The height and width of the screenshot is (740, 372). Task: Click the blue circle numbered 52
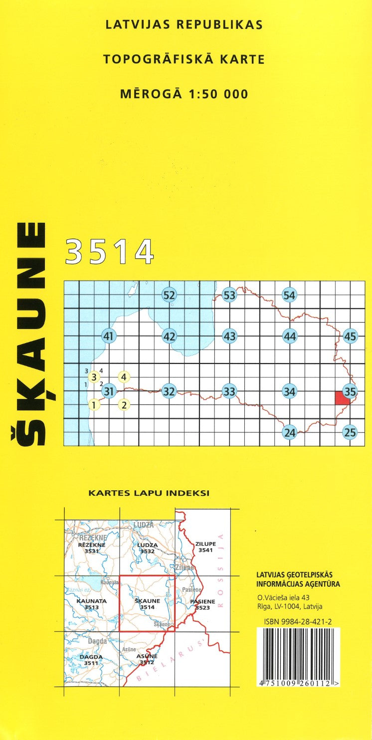click(x=169, y=295)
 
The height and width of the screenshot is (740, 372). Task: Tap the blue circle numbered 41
click(x=109, y=337)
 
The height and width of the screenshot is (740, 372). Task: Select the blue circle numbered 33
click(x=229, y=391)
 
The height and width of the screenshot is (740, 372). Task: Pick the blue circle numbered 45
click(x=351, y=337)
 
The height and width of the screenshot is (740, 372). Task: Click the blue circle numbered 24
click(x=290, y=432)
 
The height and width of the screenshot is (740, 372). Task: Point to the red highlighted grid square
click(x=342, y=398)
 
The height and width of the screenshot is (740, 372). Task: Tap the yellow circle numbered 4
click(x=124, y=376)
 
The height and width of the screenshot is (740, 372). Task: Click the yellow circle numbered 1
click(x=93, y=404)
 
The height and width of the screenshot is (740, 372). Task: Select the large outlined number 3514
click(x=109, y=252)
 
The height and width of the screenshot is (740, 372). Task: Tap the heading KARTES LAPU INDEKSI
click(x=149, y=493)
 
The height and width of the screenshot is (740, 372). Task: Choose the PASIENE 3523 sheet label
click(x=202, y=605)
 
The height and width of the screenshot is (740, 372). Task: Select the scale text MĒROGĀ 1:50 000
click(x=184, y=94)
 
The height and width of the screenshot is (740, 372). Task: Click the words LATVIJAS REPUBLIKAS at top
click(x=184, y=24)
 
